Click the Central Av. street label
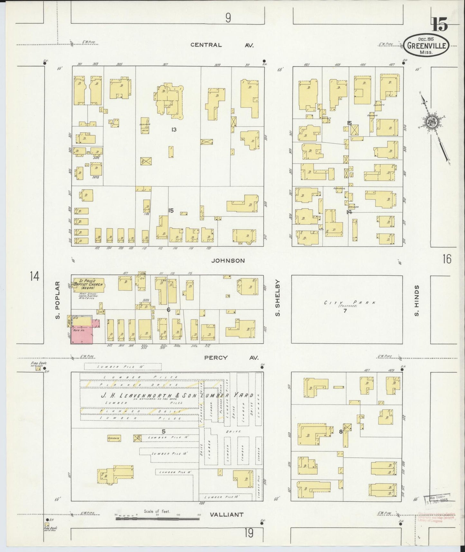tap(222, 45)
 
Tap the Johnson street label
tap(228, 260)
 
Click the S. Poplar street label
tap(58, 300)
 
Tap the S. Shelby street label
tap(279, 298)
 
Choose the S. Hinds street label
tap(416, 300)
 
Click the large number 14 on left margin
tap(34, 276)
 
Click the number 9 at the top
tap(228, 18)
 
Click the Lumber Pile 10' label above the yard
tap(122, 366)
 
